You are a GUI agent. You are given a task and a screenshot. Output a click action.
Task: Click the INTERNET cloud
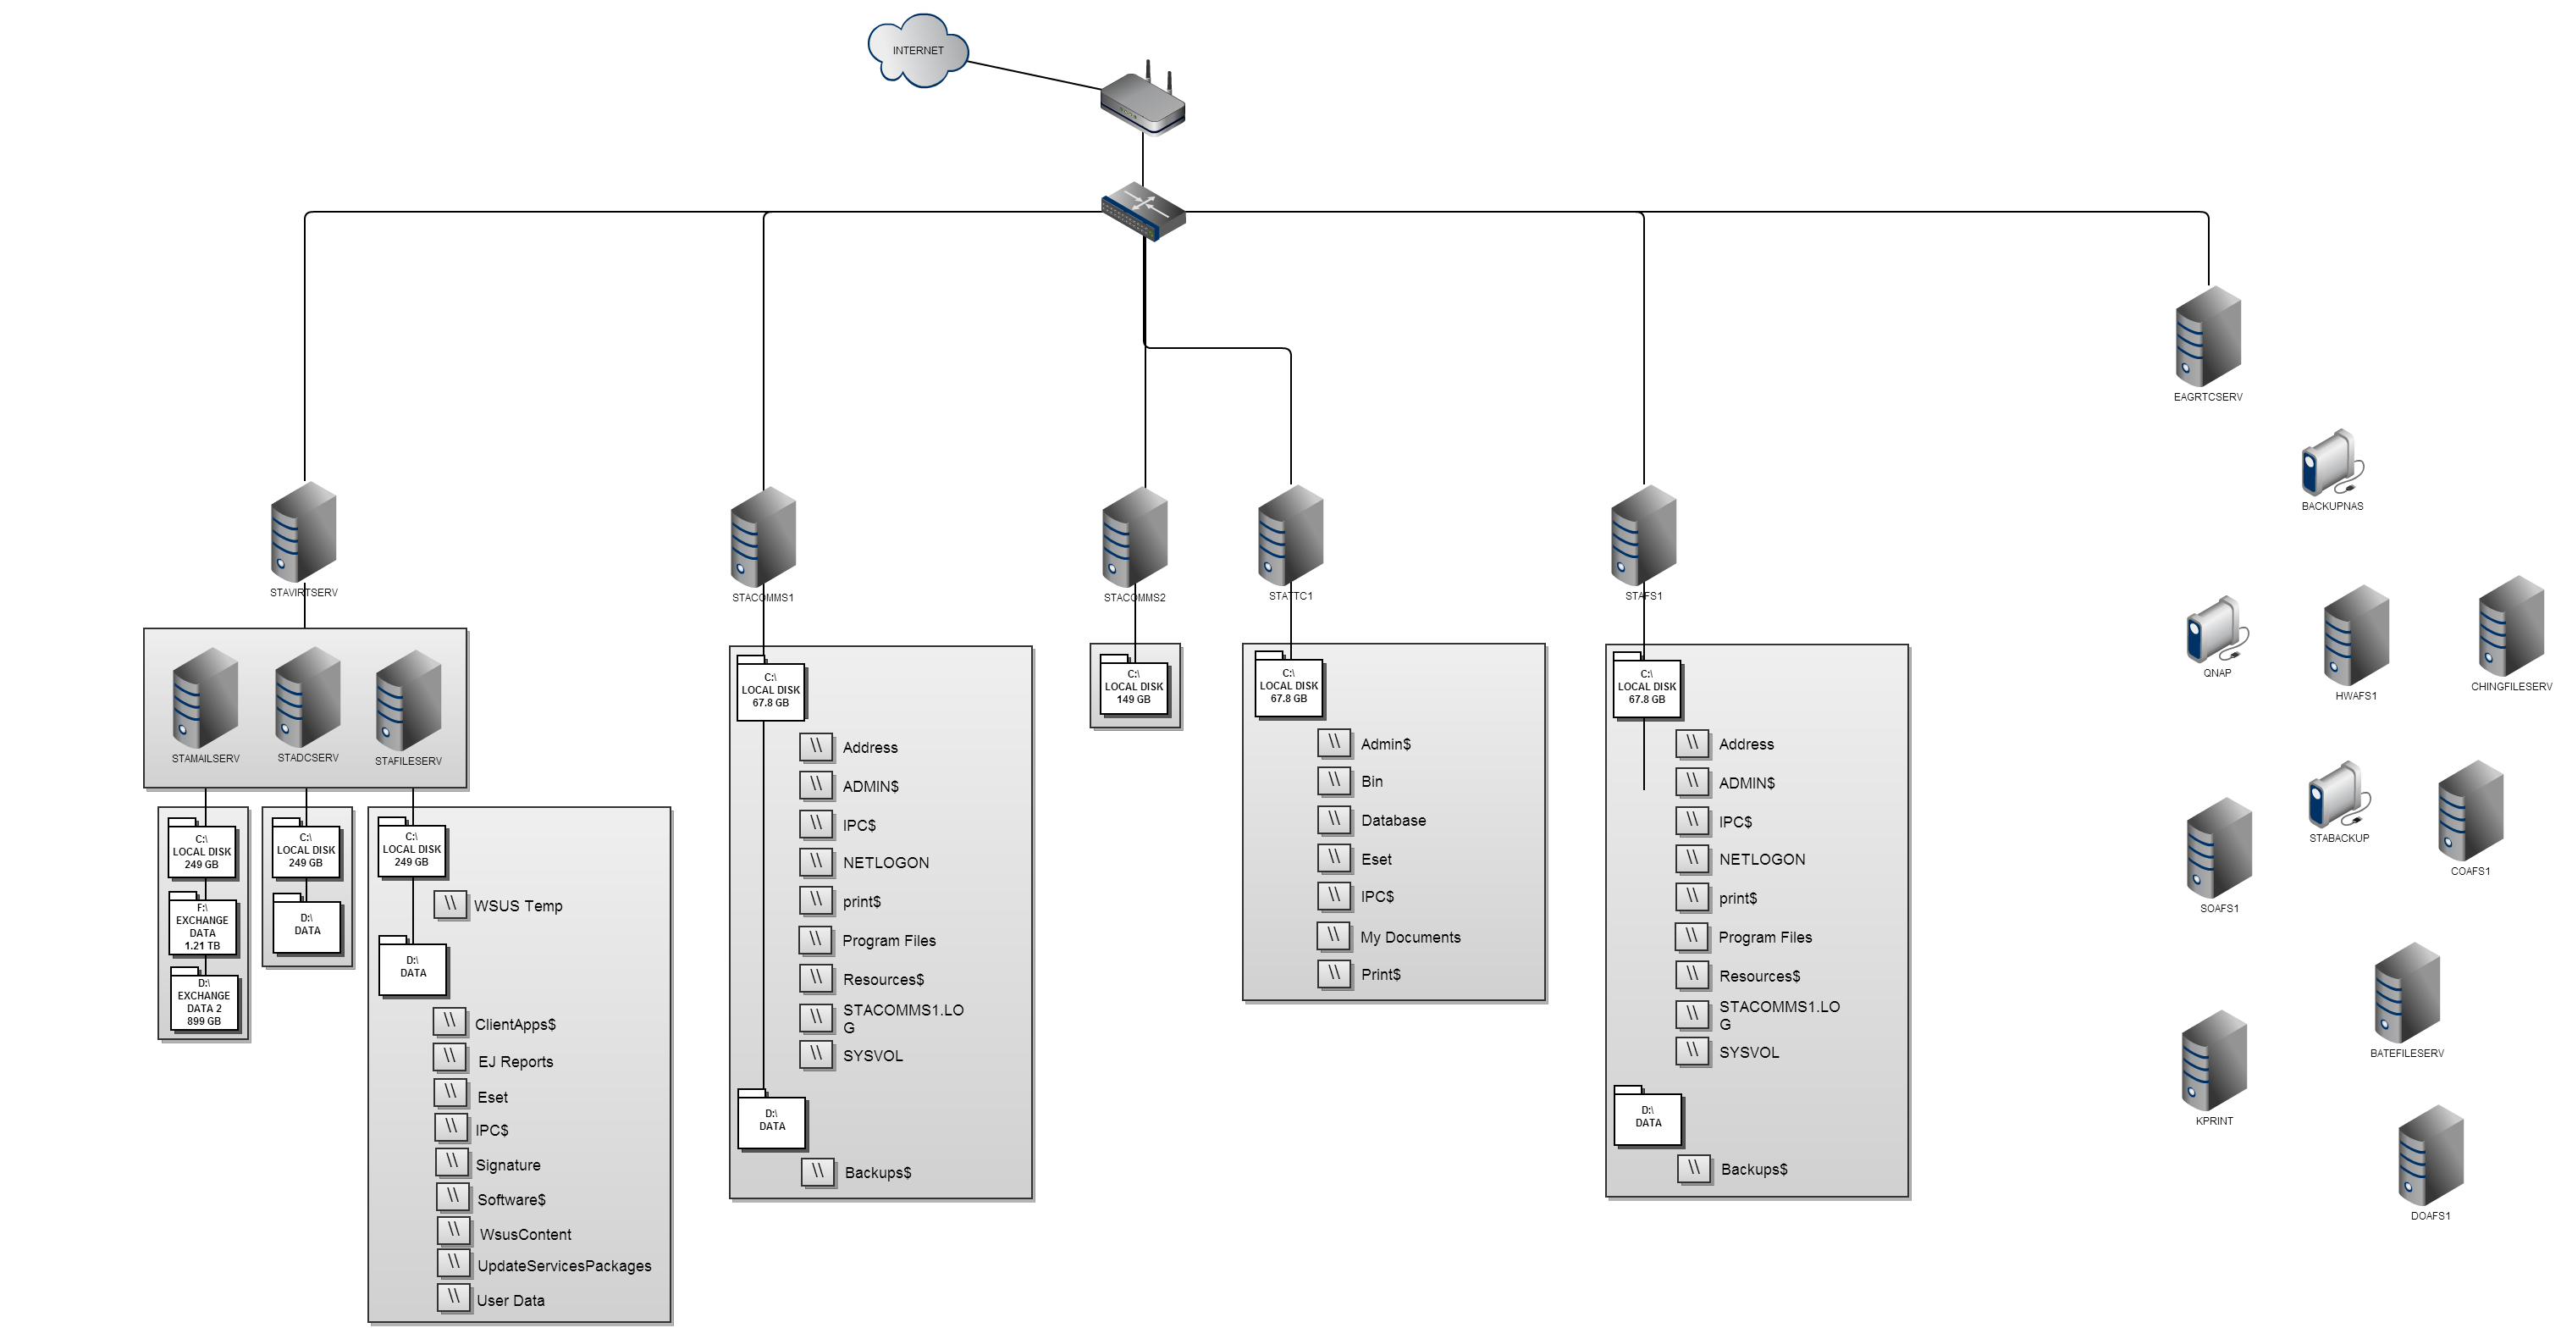pos(918,50)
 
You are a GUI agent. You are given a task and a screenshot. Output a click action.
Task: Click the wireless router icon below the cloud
pos(1143,101)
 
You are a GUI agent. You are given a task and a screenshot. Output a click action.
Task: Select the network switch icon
pos(1143,211)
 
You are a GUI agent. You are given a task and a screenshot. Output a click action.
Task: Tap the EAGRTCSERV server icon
pos(2208,336)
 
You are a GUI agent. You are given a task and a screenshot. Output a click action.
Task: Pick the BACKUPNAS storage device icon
pos(2332,463)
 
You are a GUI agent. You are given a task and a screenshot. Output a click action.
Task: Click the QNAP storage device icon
pos(2216,630)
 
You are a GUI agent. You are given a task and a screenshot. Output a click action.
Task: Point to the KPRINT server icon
pos(2214,1060)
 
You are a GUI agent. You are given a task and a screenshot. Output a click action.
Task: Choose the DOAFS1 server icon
pos(2431,1155)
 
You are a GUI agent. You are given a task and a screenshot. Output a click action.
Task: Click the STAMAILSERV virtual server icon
pos(205,698)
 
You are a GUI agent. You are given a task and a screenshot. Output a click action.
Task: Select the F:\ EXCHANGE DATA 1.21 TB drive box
pos(202,926)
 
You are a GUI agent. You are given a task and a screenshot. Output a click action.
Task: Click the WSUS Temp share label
pos(518,905)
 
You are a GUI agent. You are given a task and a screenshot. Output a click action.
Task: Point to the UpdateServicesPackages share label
pos(564,1266)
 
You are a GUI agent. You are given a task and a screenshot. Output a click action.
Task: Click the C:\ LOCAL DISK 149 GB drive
pos(1134,687)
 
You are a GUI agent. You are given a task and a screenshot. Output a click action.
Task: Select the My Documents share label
pos(1410,937)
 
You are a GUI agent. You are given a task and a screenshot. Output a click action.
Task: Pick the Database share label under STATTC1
pos(1393,821)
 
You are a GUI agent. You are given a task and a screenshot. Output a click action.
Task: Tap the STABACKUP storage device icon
pos(2338,796)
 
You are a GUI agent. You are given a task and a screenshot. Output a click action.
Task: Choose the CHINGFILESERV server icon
pos(2510,627)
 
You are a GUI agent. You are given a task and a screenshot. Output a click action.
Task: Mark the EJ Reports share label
pos(516,1061)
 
